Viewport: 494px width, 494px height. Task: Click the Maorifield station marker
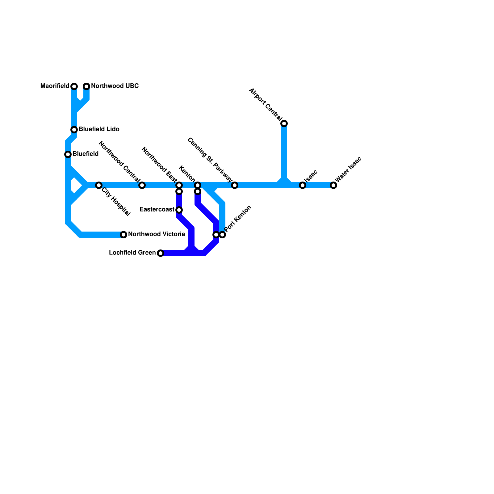tap(74, 86)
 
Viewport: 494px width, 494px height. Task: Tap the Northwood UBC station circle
tap(86, 86)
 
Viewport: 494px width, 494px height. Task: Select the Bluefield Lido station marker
tap(74, 130)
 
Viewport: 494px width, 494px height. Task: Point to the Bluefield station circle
tap(68, 154)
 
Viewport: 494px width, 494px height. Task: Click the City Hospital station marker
tap(99, 185)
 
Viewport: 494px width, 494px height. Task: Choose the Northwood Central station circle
tap(142, 185)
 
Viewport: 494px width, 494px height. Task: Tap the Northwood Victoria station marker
tap(124, 235)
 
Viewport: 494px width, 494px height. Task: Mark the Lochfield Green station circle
tap(161, 253)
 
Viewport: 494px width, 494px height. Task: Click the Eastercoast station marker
tap(179, 210)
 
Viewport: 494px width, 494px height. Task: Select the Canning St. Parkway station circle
tap(235, 185)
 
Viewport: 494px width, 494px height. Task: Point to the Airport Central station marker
tap(284, 124)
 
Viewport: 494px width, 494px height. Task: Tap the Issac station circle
tap(303, 185)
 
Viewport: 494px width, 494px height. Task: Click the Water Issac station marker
tap(333, 185)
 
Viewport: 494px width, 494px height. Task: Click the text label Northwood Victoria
tap(157, 234)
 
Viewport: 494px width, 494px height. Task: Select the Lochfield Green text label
tap(132, 253)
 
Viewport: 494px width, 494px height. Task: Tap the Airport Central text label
tap(266, 104)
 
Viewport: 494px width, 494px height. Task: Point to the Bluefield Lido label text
tap(99, 129)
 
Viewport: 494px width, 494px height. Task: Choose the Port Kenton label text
tap(238, 218)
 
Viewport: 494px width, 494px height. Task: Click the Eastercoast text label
tap(157, 210)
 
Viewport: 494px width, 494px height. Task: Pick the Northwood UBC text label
tap(115, 86)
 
